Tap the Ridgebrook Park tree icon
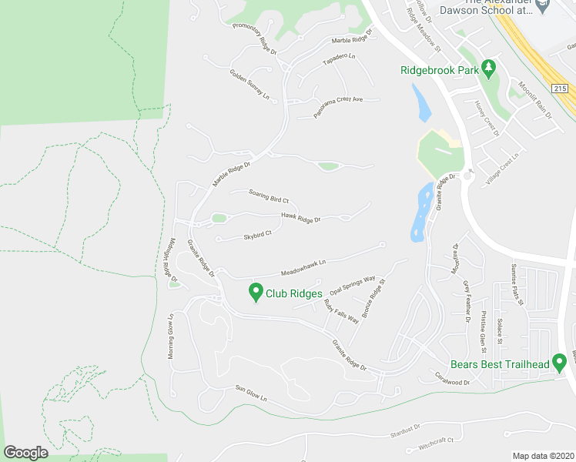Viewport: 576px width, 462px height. coord(487,69)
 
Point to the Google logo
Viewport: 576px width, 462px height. coord(25,453)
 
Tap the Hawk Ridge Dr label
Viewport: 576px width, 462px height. coord(300,219)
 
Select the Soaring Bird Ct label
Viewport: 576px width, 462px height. coord(268,197)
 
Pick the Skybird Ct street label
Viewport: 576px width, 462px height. coord(257,235)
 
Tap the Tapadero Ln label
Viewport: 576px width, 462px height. coord(339,59)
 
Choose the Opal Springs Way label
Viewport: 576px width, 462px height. coord(352,286)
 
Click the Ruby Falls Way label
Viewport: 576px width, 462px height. coord(341,310)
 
